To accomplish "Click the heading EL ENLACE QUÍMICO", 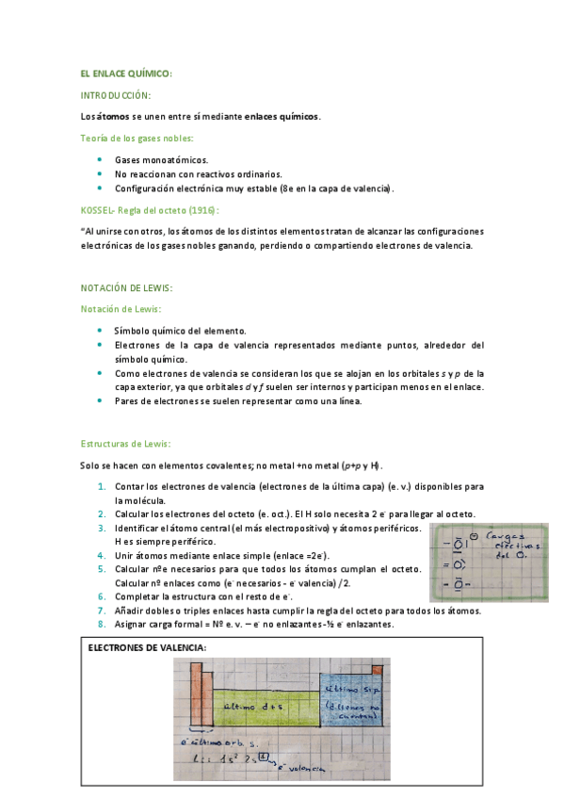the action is pos(125,74).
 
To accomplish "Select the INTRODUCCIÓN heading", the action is pos(116,95).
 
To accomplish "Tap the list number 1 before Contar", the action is pos(102,486).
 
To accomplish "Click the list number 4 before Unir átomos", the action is pos(102,556).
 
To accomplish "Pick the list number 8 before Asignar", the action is pos(102,624).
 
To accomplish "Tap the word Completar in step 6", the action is pos(138,596).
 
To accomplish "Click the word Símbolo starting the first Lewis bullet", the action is pos(132,331).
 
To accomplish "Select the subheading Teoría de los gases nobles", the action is pos(137,139).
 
